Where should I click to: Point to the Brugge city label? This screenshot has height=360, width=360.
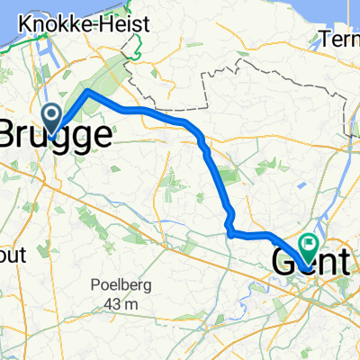(x=56, y=135)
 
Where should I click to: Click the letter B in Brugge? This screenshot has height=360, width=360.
(x=13, y=135)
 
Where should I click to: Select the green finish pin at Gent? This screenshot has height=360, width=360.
(x=309, y=244)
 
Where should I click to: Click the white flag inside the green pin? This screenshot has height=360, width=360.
(x=309, y=240)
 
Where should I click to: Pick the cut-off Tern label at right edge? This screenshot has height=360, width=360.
(x=342, y=39)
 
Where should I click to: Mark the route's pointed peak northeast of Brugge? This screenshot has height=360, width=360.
(x=87, y=92)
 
